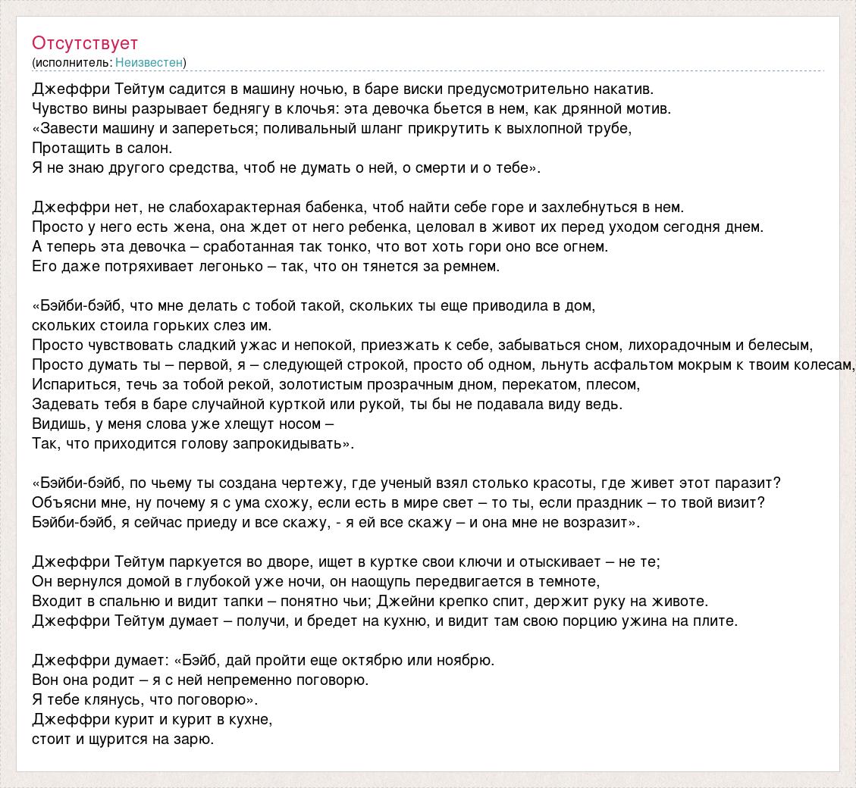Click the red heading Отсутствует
[85, 42]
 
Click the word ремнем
[475, 266]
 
